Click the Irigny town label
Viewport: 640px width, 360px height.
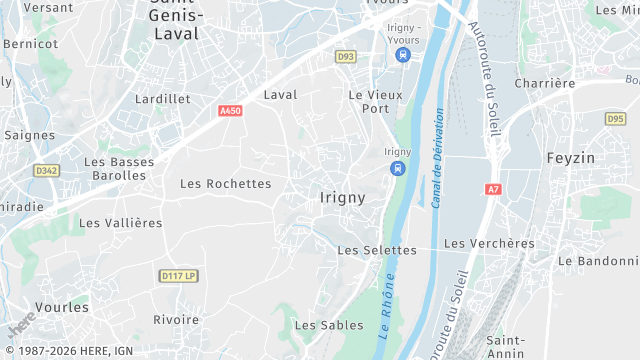click(342, 198)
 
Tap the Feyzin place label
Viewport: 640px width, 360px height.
click(572, 158)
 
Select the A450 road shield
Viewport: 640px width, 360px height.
click(230, 111)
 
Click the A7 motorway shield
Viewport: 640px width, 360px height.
click(493, 189)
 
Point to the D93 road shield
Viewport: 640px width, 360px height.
click(346, 57)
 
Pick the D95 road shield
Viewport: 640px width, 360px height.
click(615, 119)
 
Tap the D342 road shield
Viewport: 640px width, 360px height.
click(46, 171)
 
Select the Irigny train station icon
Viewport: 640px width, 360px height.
click(397, 168)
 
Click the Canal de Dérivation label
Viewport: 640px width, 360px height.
click(438, 160)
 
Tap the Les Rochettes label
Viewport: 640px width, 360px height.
click(225, 184)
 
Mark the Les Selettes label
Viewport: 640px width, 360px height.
click(377, 250)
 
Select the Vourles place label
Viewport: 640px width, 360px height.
click(62, 307)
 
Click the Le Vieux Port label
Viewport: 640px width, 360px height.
click(368, 101)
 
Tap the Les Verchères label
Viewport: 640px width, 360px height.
click(489, 243)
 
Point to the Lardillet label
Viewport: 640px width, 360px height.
click(163, 99)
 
